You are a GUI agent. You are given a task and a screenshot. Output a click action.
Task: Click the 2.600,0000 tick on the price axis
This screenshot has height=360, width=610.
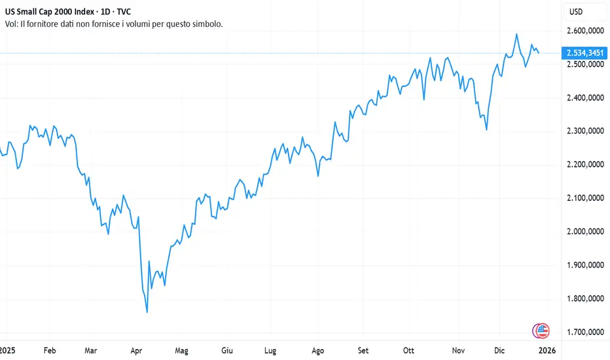pyautogui.click(x=585, y=31)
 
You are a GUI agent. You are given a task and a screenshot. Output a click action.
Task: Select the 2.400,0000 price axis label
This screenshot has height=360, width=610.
pyautogui.click(x=585, y=98)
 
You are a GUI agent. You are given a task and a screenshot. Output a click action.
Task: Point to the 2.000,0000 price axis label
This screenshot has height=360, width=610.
pyautogui.click(x=585, y=232)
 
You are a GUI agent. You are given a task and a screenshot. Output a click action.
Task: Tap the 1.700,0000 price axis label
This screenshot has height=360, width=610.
pyautogui.click(x=585, y=332)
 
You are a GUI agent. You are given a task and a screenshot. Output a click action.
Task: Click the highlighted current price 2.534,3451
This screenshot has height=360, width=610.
pyautogui.click(x=585, y=52)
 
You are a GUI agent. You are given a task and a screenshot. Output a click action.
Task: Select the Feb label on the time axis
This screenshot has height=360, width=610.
pyautogui.click(x=50, y=350)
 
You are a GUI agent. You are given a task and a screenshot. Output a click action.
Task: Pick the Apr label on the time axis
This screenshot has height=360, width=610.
pyautogui.click(x=137, y=350)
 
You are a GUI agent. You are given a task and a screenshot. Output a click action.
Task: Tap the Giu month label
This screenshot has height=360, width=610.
pyautogui.click(x=228, y=350)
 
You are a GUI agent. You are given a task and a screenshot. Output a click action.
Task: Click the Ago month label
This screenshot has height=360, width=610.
pyautogui.click(x=318, y=350)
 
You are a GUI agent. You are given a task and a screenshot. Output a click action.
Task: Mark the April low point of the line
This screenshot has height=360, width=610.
pyautogui.click(x=147, y=312)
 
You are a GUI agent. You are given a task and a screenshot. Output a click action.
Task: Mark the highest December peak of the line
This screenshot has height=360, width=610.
pyautogui.click(x=517, y=34)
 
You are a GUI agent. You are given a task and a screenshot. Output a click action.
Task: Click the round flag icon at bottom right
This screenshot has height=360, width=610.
pyautogui.click(x=541, y=331)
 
